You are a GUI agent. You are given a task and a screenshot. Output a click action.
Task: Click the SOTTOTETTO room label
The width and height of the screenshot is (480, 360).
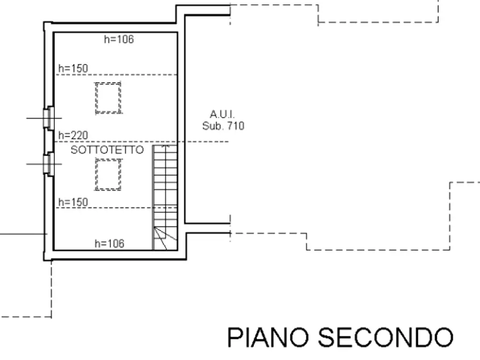pos(108,150)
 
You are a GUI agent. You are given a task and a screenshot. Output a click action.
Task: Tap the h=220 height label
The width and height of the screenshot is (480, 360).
pos(73,135)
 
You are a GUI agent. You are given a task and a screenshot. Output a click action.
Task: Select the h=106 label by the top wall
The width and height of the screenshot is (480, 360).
pos(118,39)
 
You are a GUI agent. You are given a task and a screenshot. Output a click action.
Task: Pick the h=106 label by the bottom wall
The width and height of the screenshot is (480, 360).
pos(109,243)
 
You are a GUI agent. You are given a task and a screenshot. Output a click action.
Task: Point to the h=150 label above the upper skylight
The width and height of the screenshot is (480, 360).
pos(73,68)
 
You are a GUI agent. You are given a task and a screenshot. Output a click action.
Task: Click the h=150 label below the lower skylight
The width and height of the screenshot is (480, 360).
pos(73,202)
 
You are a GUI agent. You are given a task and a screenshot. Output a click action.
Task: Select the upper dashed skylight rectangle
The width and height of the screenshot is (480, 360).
pos(109,97)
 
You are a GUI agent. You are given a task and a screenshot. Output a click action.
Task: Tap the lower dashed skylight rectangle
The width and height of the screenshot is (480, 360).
pos(109,175)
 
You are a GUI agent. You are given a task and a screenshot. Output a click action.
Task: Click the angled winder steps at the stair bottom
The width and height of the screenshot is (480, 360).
pos(164,238)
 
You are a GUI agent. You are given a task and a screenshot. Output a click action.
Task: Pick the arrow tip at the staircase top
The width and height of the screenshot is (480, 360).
pos(165,146)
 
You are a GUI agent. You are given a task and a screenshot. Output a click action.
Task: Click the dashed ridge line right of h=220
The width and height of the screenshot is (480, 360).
pos(204,142)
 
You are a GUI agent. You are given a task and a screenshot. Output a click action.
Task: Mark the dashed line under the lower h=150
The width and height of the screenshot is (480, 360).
pos(108,208)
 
